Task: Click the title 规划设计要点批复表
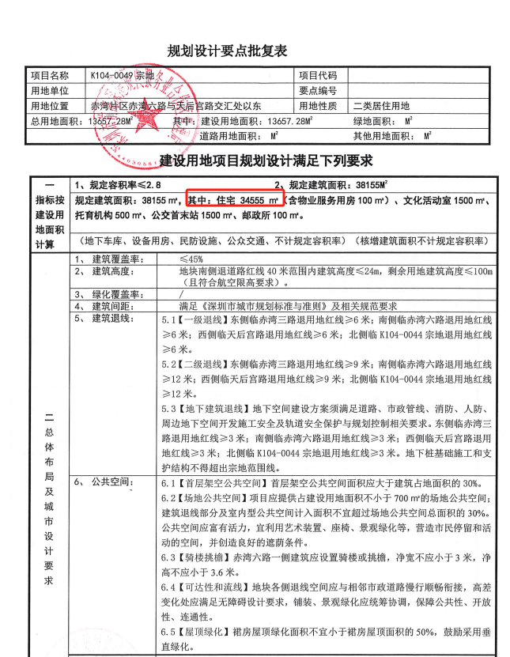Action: tap(227, 51)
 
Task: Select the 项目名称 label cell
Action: tap(49, 76)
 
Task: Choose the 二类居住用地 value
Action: tap(381, 105)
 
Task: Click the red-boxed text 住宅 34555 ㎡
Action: tap(236, 198)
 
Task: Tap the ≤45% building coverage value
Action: tap(191, 259)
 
